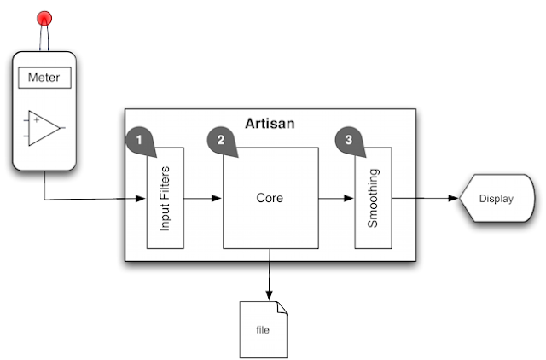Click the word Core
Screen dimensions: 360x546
pyautogui.click(x=270, y=197)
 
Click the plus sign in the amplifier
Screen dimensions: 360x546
pyautogui.click(x=36, y=120)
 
